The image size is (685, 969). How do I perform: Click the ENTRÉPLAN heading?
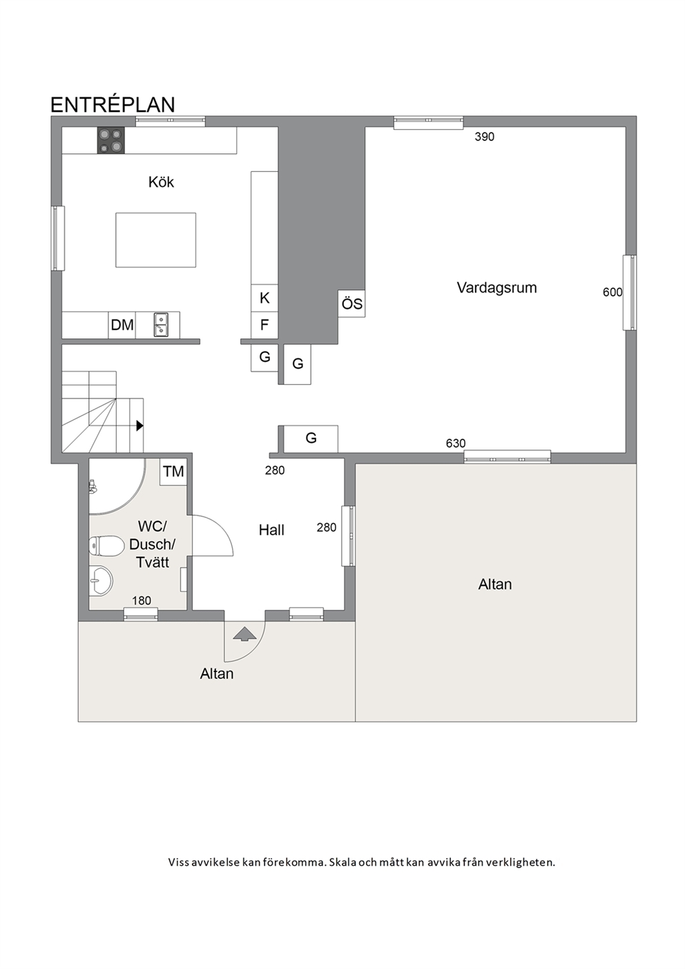113,105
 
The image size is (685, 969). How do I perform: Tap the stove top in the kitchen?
110,140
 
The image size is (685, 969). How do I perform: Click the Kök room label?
161,182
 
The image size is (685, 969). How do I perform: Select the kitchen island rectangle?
155,240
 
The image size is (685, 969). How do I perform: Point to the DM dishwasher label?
122,325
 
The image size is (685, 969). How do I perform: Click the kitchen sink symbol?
161,325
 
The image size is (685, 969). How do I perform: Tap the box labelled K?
264,298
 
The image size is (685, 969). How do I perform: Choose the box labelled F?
264,325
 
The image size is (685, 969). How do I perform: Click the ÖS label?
352,303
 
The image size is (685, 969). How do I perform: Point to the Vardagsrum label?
497,288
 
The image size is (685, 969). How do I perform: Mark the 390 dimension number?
484,137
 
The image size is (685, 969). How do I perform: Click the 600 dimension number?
612,292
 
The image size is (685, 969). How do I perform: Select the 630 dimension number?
456,443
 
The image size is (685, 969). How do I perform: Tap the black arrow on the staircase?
139,425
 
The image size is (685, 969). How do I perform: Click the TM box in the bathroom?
173,472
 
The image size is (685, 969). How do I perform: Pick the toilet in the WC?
106,546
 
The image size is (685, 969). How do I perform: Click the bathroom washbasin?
102,581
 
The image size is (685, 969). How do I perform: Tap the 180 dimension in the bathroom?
142,601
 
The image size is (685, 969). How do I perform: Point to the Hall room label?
271,530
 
